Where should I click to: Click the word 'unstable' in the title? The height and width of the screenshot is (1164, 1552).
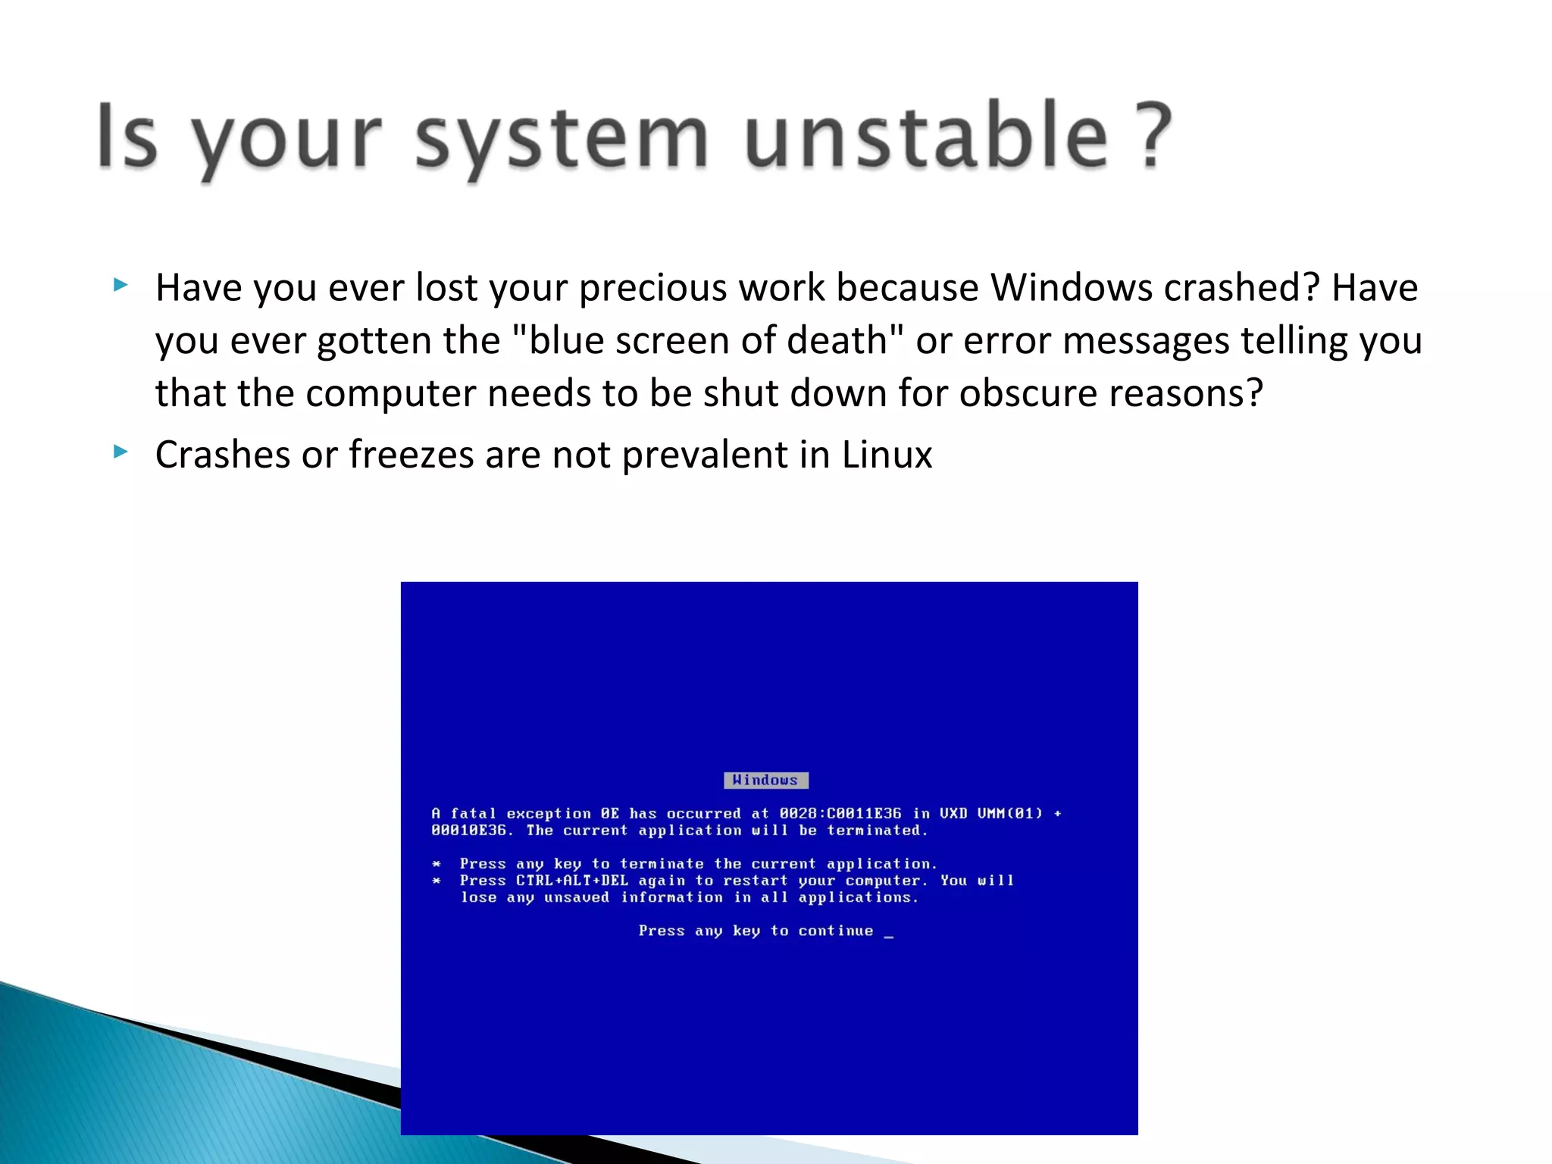(x=926, y=136)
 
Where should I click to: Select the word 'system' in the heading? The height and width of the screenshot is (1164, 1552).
(x=561, y=140)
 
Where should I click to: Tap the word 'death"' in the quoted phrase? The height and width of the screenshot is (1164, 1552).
(x=846, y=340)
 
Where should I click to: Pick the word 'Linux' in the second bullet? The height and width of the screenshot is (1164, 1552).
(x=887, y=455)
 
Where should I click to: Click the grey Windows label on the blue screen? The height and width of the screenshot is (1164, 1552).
(x=765, y=781)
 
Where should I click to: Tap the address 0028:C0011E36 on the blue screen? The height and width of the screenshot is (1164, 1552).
(x=840, y=813)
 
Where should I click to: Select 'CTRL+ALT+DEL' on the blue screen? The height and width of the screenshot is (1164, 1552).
(x=572, y=881)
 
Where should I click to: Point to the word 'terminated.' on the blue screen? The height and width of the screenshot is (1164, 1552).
(x=878, y=831)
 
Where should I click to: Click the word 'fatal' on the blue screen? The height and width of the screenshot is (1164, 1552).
(x=473, y=813)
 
